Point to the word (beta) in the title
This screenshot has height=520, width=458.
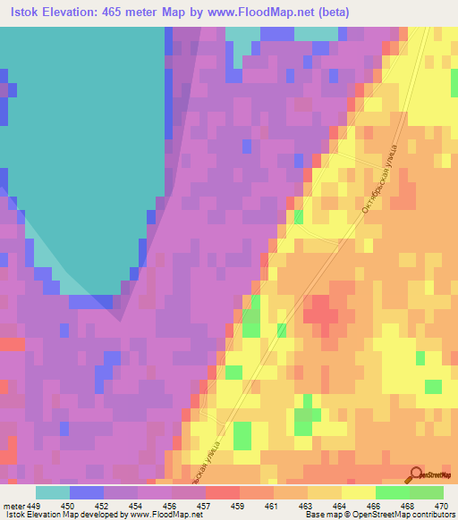(330, 13)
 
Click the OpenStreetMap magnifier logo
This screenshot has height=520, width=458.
(415, 474)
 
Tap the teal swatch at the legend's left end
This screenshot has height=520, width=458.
(53, 492)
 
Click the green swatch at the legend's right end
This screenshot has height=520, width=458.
(426, 492)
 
